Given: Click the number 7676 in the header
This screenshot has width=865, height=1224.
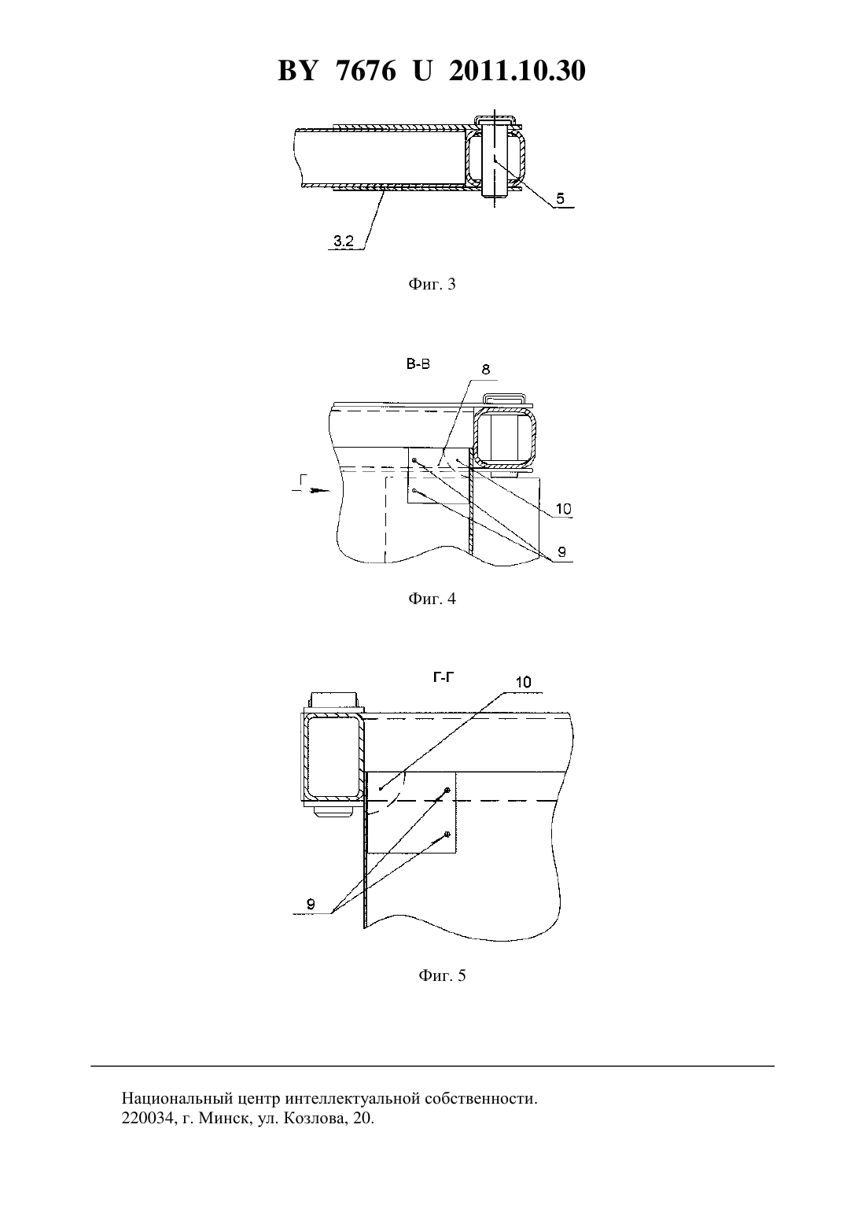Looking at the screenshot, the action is click(x=366, y=71).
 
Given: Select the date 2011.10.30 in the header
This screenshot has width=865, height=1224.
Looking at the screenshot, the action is click(x=517, y=71).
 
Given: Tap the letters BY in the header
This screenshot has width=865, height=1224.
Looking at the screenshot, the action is click(x=297, y=71).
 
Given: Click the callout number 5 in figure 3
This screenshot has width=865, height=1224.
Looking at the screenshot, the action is click(x=560, y=198).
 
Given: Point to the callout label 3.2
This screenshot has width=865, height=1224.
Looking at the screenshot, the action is click(x=344, y=241).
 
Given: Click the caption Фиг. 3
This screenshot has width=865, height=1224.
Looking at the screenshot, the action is click(x=432, y=284).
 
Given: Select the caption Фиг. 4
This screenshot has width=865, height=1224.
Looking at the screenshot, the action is click(x=432, y=599).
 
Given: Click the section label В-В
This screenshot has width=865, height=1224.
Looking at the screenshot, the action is click(x=418, y=364).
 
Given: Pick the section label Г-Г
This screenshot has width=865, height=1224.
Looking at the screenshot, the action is click(x=444, y=677).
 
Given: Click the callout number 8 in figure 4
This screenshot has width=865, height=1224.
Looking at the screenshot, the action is click(x=485, y=370).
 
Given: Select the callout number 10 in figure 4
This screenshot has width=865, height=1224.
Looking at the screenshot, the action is click(x=564, y=509).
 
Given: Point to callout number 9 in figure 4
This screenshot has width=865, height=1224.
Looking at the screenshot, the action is click(x=562, y=552).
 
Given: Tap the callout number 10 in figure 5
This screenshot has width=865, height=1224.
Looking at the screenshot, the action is click(x=523, y=683).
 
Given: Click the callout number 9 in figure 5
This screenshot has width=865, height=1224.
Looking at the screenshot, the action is click(x=311, y=905).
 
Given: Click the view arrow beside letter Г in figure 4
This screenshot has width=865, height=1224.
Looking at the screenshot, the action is click(x=311, y=491).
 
